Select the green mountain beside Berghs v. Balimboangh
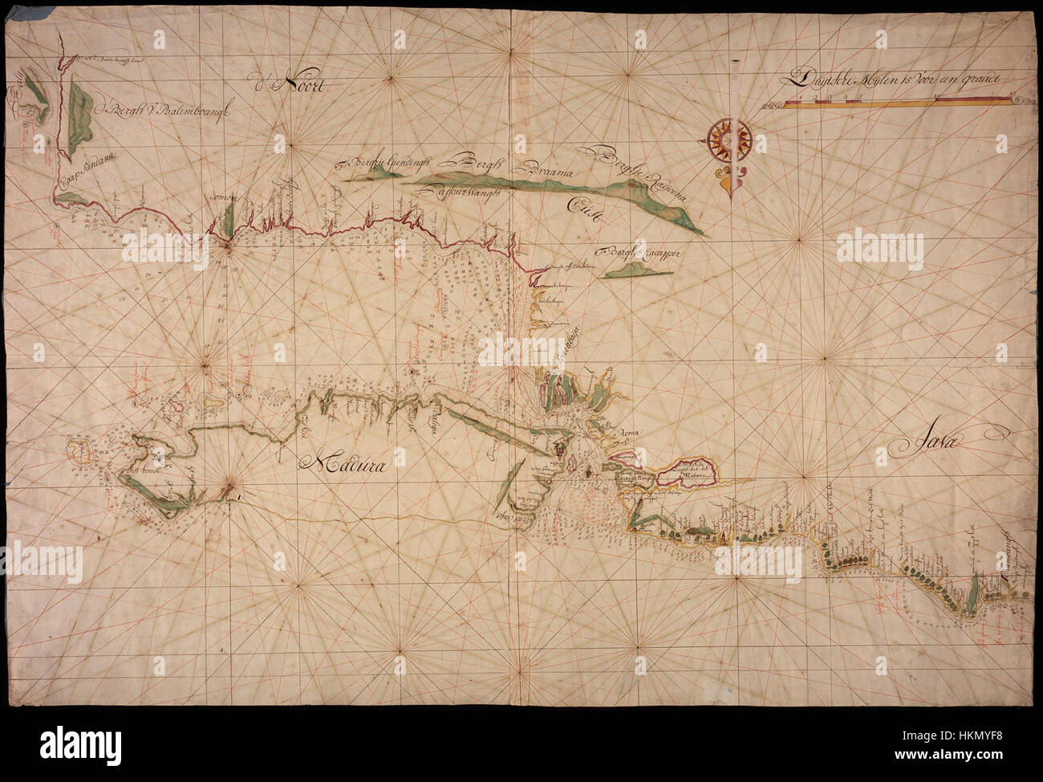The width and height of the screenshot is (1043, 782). point(80,120)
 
